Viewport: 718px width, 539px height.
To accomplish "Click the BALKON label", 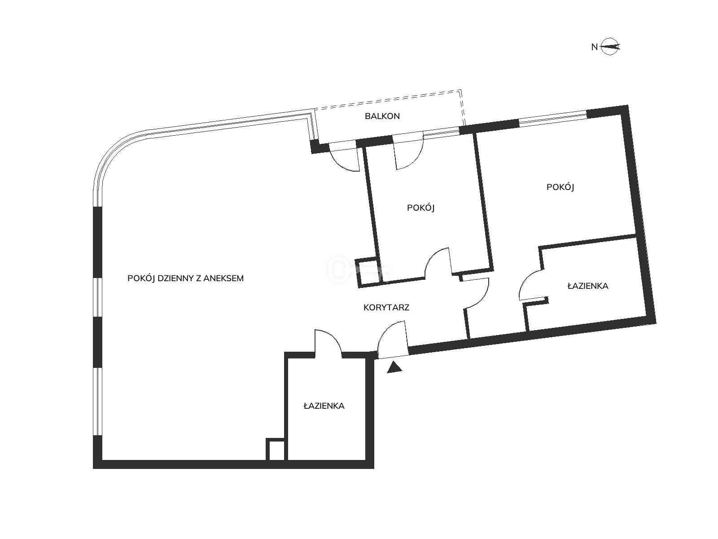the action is click(382, 116).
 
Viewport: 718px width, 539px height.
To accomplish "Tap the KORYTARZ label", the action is click(386, 307).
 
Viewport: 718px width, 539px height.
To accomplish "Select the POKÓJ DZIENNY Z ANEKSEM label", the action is click(185, 278).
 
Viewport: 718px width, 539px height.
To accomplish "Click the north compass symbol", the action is click(610, 47).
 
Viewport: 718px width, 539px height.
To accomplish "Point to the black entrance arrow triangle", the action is click(394, 367).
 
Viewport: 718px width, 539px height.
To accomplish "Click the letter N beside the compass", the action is click(594, 47).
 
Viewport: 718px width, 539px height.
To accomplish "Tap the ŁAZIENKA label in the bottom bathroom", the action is click(324, 406).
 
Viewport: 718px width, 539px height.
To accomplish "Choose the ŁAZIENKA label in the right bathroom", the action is click(588, 286).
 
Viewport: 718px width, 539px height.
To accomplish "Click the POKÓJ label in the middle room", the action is click(420, 208).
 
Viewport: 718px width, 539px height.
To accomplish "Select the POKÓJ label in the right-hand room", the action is click(560, 187).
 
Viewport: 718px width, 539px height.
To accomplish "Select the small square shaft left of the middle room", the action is click(369, 272).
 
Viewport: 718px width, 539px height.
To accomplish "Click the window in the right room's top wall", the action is click(553, 119).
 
